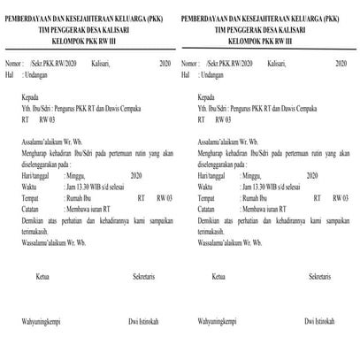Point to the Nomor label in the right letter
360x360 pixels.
(x=191, y=65)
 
